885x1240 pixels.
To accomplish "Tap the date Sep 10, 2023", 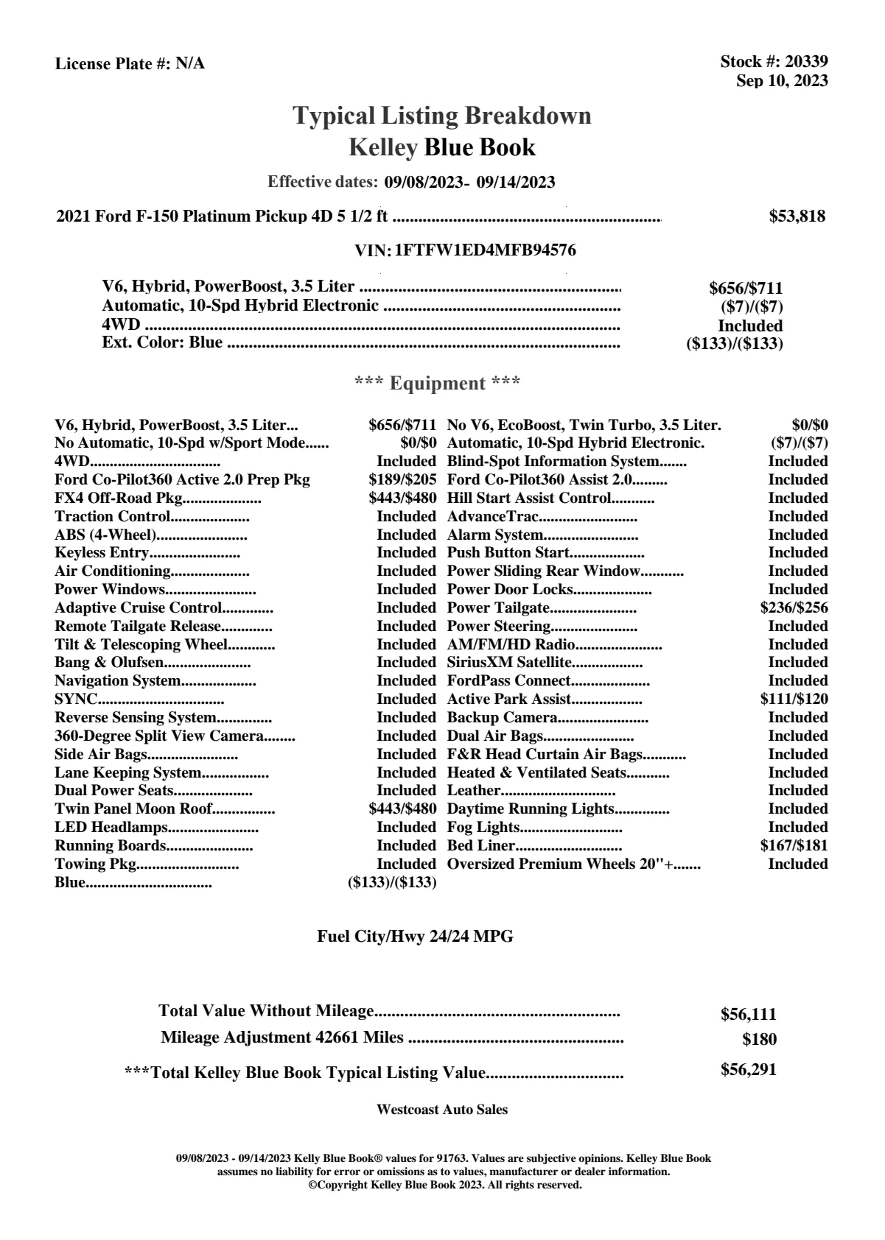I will pos(782,81).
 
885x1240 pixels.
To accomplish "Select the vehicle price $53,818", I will pos(797,216).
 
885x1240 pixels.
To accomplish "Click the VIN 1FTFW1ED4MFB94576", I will pos(486,250).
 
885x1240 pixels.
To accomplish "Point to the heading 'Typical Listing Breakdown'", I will pos(442,116).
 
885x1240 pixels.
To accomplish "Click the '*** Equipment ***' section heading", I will pos(438,384).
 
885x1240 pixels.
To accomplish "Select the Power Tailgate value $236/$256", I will pos(794,608).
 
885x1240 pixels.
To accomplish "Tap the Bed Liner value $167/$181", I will pos(794,846).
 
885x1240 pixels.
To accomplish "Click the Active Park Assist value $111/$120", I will pos(794,700).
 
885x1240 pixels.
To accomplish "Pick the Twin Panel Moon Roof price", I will pos(402,809).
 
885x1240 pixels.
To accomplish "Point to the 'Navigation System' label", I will pos(117,681).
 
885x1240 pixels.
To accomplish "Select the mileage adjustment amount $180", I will pos(759,1040).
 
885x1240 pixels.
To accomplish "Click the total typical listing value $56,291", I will pos(748,1070).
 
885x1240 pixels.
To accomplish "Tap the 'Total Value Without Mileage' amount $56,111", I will pos(748,1015).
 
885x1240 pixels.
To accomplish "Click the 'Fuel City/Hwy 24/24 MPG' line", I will pos(415,937).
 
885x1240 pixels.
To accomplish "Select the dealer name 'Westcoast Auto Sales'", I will pos(441,1110).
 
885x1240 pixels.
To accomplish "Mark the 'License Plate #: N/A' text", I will pos(130,64).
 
